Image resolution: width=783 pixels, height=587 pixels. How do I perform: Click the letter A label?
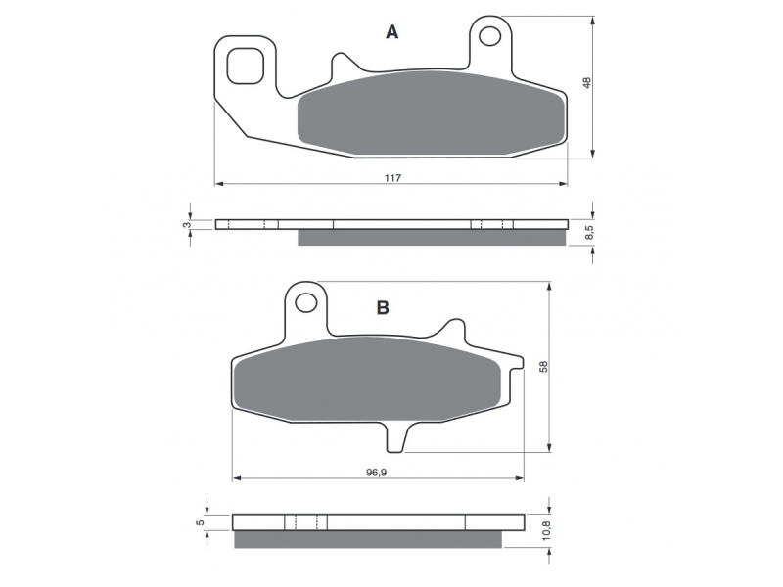(392, 32)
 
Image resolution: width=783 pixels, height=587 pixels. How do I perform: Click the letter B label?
(383, 308)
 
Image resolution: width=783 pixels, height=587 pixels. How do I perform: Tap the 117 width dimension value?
(392, 178)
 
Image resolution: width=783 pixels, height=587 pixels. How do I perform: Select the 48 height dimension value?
(587, 83)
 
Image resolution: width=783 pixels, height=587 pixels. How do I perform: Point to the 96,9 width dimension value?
(377, 473)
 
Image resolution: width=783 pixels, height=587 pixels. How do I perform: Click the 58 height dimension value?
(544, 366)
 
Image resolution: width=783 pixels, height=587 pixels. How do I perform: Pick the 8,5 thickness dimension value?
(589, 232)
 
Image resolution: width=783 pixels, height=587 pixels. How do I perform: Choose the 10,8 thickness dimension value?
(546, 530)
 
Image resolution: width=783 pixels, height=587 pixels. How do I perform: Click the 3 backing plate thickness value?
(187, 225)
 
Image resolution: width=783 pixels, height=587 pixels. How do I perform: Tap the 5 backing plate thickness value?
(201, 522)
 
